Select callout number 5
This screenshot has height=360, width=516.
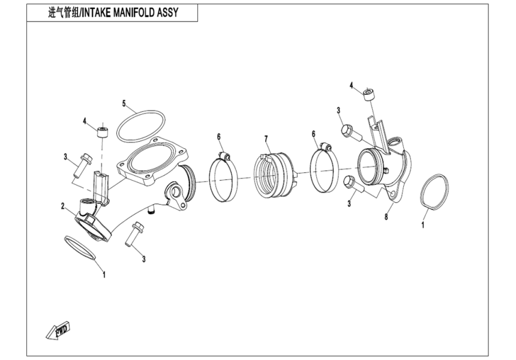click(124, 103)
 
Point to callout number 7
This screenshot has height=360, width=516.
click(266, 140)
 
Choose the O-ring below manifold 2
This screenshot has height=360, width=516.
click(80, 247)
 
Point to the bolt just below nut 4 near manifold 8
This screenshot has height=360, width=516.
click(349, 132)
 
